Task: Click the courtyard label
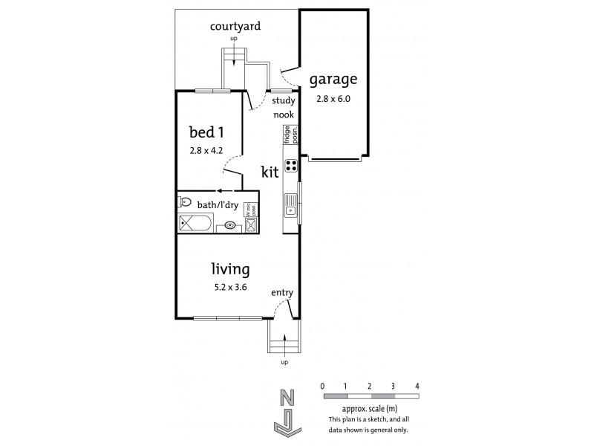(235, 27)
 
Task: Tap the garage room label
(333, 79)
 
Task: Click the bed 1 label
(206, 133)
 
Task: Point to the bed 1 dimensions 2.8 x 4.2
(206, 149)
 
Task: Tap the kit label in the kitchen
(270, 172)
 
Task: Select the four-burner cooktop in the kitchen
(291, 165)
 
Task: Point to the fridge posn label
(290, 135)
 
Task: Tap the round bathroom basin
(230, 224)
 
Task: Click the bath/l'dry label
(220, 201)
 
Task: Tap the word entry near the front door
(282, 293)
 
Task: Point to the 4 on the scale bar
(418, 387)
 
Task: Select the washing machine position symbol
(251, 224)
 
